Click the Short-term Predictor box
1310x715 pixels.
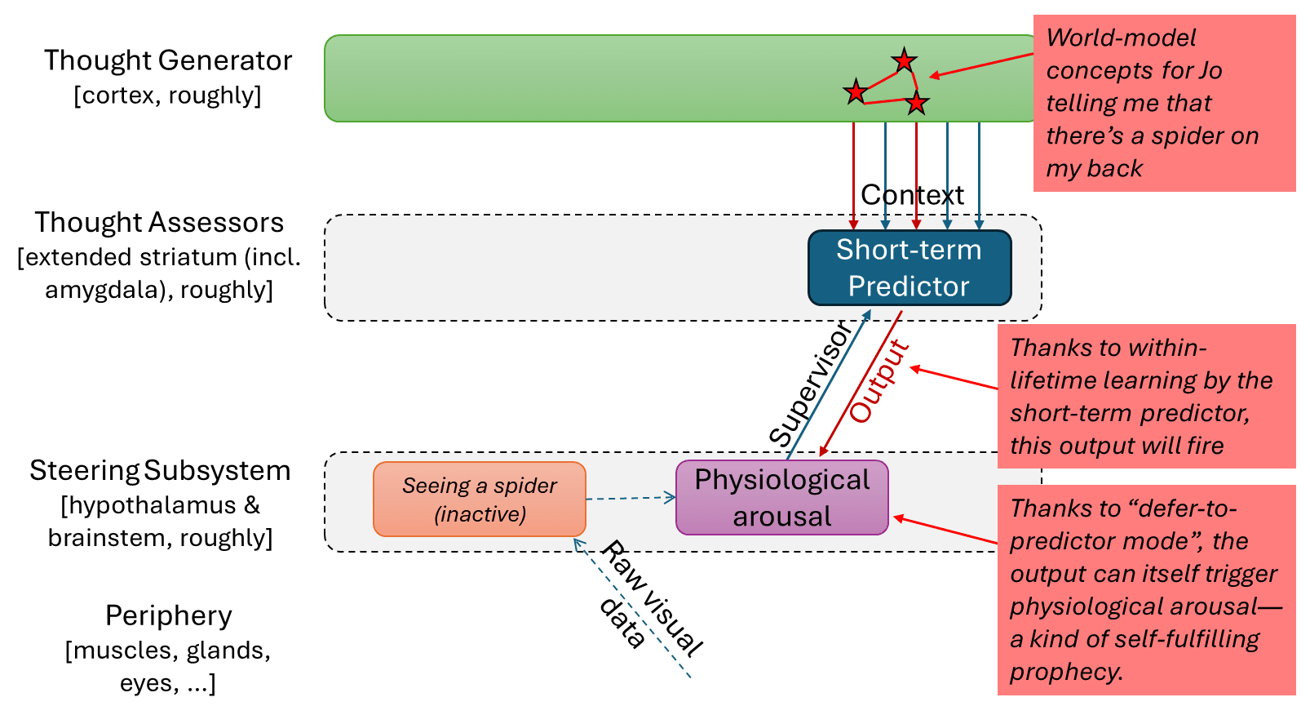click(x=909, y=268)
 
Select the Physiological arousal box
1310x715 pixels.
click(x=781, y=498)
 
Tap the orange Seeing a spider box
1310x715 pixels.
click(x=480, y=499)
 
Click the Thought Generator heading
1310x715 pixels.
click(x=168, y=60)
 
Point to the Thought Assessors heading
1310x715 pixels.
click(x=159, y=222)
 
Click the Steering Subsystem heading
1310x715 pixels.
click(x=160, y=471)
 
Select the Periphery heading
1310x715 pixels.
click(x=169, y=615)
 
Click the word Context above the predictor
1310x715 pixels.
click(x=912, y=195)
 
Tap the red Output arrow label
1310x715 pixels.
click(x=879, y=380)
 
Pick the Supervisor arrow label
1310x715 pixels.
click(x=811, y=384)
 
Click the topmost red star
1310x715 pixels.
click(x=904, y=60)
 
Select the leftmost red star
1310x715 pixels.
click(x=855, y=91)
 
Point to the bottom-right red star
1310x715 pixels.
click(x=917, y=103)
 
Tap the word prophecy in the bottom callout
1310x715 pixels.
click(x=1065, y=672)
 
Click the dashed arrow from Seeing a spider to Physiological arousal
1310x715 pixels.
click(x=631, y=498)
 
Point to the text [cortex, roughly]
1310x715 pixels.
click(x=167, y=95)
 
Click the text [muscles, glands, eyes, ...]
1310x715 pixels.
click(x=168, y=666)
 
